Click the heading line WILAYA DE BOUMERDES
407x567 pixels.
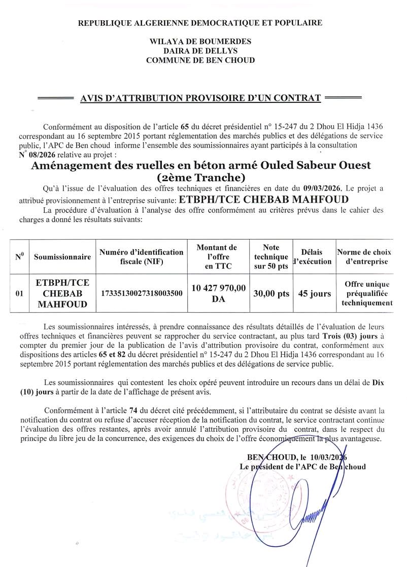[200, 42]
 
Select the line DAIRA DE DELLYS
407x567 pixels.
[200, 51]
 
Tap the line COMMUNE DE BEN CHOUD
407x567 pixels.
[200, 60]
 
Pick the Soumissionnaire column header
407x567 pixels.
[62, 257]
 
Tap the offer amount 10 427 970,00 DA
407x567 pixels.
[219, 293]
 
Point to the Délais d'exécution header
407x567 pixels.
[313, 257]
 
